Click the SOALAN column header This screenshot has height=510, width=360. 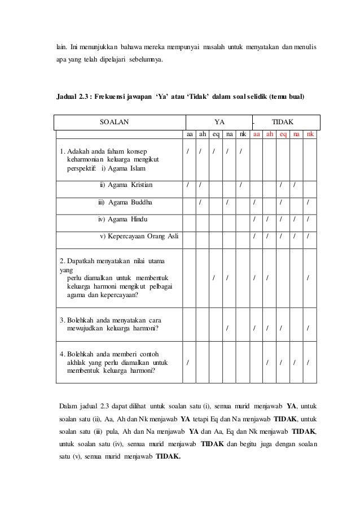[x=114, y=122]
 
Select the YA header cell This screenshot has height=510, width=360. [x=219, y=122]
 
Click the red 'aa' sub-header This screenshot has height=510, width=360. [x=256, y=136]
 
